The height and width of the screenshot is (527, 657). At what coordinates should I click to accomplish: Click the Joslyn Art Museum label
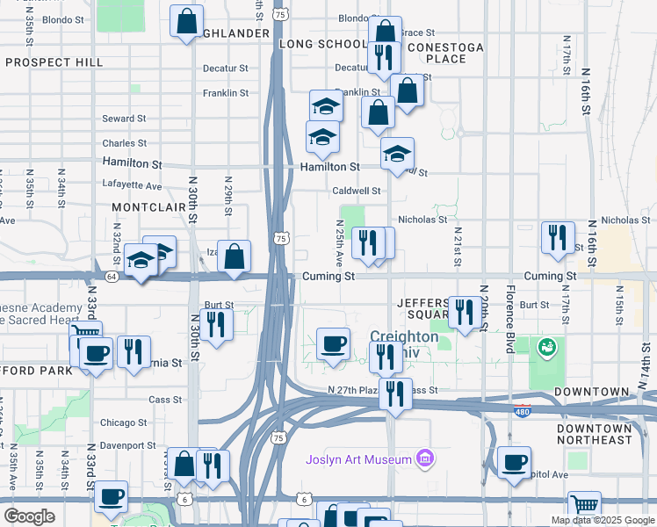(358, 459)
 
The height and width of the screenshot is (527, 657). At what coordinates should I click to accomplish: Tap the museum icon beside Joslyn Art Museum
(425, 458)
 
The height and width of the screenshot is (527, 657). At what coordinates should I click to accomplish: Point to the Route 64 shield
(112, 276)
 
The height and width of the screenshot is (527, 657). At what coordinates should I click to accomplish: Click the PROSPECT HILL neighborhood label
(54, 63)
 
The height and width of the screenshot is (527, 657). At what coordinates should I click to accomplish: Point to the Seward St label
(124, 119)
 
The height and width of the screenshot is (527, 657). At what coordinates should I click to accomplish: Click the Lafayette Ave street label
(132, 186)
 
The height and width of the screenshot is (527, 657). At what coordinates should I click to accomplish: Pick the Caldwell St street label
(356, 191)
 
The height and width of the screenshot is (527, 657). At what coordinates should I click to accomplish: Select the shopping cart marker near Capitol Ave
(583, 505)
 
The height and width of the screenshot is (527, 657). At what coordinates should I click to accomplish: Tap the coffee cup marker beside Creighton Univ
(333, 343)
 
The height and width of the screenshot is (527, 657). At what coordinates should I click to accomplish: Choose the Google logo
(29, 516)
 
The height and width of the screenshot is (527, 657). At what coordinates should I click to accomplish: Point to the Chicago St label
(123, 422)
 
